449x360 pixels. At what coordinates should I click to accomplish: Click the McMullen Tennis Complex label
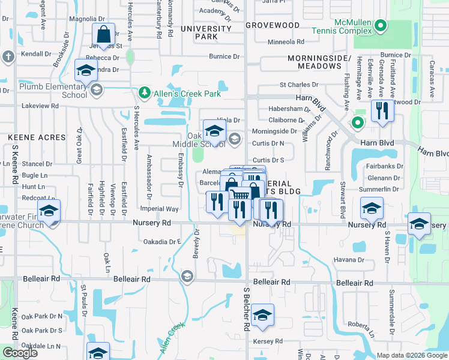point(360,27)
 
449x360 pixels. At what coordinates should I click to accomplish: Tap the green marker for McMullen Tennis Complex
point(380,26)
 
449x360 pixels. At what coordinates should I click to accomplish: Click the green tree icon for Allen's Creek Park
point(144,93)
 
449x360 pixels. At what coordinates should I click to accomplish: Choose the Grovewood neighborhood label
point(273,25)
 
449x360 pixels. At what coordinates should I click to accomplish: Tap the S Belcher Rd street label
point(246,314)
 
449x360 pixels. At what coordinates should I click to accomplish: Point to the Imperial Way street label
point(159,209)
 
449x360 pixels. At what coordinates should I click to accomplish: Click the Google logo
point(20,352)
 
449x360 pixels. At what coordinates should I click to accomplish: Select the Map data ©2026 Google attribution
point(412,355)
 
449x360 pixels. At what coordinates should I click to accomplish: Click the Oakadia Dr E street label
point(162,242)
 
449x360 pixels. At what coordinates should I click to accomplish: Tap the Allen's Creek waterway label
point(172,338)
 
